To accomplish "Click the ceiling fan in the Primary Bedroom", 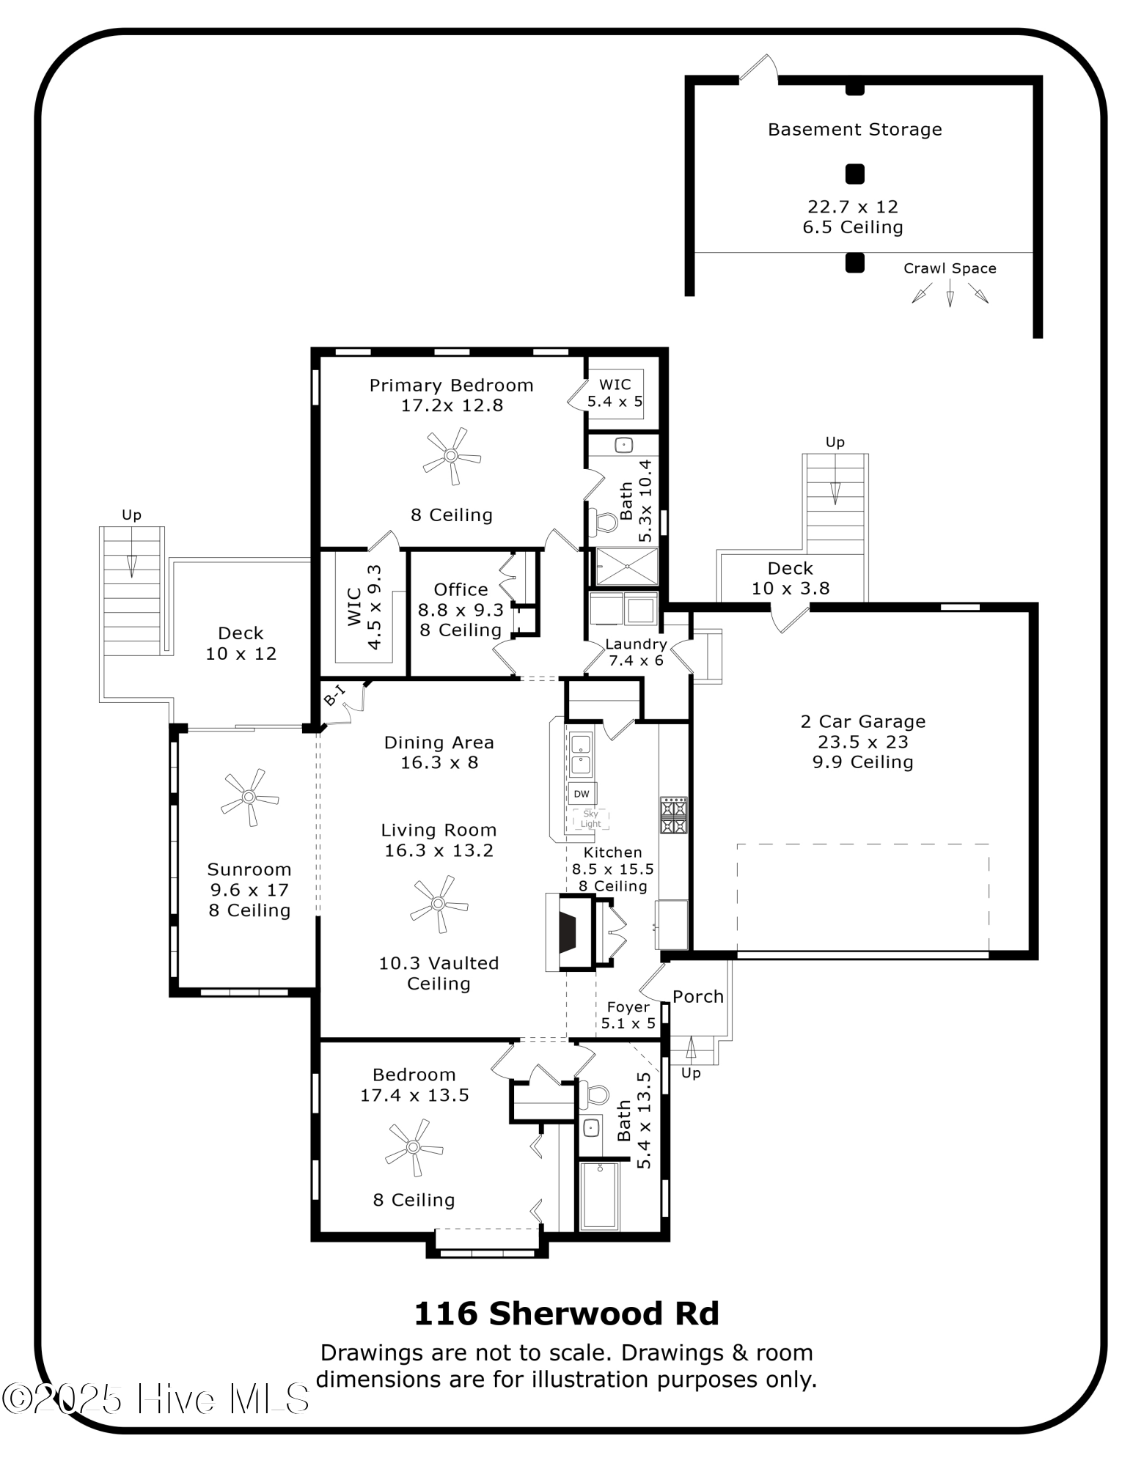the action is point(451,456).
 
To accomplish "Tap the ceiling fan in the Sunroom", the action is point(249,797).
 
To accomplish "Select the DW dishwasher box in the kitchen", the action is point(582,794).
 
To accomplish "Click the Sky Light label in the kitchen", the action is point(590,819).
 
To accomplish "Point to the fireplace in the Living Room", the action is point(568,932).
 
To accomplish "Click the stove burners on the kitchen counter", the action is point(673,816).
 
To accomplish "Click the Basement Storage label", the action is point(854,130).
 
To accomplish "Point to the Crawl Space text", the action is point(950,268).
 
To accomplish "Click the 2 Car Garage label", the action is point(863,722).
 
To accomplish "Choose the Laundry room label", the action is point(636,644).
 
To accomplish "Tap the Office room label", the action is point(461,589).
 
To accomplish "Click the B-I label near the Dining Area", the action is point(334,695).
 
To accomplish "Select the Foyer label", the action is point(628,1007).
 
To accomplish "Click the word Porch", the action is point(698,997).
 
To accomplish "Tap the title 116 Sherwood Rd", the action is point(567,1314).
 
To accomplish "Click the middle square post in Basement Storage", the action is point(855,174).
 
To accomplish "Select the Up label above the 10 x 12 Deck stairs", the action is point(131,515).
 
